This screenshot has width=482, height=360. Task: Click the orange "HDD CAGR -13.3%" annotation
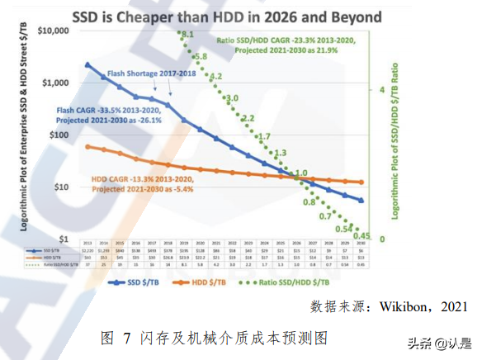(x=132, y=182)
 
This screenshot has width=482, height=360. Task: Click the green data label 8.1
(x=187, y=34)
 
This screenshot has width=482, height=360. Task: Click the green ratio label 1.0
(x=301, y=173)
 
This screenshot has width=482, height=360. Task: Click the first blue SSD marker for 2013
(x=88, y=64)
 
